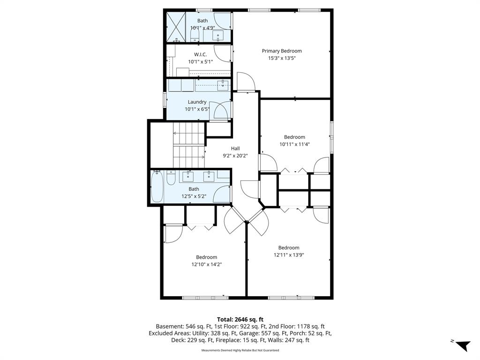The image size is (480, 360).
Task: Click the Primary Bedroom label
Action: point(282,51)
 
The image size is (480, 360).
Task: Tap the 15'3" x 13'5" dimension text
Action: point(282,58)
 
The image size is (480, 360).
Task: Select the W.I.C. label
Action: point(200,54)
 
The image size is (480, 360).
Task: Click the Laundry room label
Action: point(197,102)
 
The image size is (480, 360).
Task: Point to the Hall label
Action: point(235,149)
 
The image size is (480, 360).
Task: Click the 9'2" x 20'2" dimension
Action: point(235,156)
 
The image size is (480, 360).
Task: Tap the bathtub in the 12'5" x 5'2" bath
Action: point(157,186)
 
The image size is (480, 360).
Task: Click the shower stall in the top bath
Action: point(176,27)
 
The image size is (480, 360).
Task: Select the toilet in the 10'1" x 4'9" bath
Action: point(195,36)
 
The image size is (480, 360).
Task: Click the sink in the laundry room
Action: point(223,85)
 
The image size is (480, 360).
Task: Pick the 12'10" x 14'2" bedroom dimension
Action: point(207,264)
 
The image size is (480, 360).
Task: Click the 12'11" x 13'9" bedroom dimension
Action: point(289,255)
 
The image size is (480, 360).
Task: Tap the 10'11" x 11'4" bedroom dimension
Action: point(294,144)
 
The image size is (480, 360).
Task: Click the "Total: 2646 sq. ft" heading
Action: point(240,320)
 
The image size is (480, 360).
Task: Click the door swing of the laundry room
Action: point(220,111)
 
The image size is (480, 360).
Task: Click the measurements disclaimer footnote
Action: point(240,350)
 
